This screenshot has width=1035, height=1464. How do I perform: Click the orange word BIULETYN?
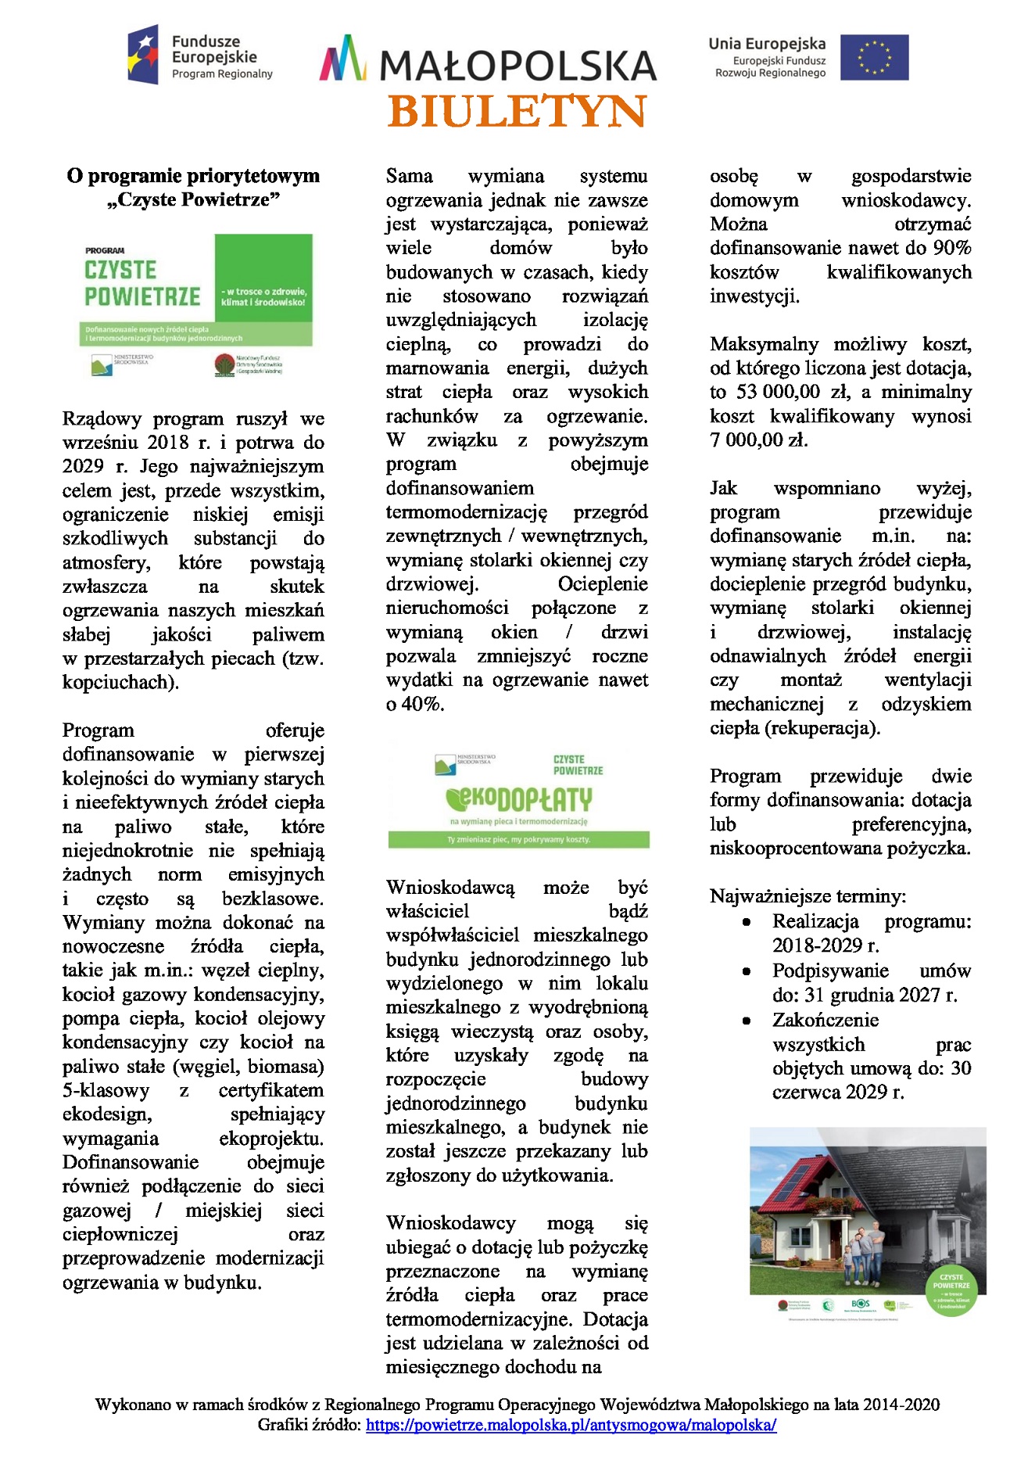pyautogui.click(x=517, y=112)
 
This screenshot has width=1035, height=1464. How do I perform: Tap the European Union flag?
pyautogui.click(x=874, y=57)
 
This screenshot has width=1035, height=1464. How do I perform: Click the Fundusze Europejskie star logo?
pyautogui.click(x=144, y=54)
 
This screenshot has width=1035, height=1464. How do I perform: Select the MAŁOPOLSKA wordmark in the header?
pyautogui.click(x=517, y=66)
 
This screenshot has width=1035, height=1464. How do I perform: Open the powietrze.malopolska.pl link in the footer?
pyautogui.click(x=571, y=1425)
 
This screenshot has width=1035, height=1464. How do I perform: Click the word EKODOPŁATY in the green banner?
pyautogui.click(x=518, y=799)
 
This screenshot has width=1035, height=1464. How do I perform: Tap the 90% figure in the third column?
pyautogui.click(x=952, y=248)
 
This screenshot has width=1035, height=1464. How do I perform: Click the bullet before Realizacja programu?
pyautogui.click(x=747, y=923)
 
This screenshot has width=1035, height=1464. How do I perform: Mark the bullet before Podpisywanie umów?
pyautogui.click(x=747, y=972)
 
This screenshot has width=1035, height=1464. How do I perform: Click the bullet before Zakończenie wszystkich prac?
pyautogui.click(x=747, y=1021)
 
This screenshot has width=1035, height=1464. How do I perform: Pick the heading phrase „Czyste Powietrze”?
pyautogui.click(x=193, y=199)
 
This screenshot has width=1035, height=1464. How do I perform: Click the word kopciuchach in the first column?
pyautogui.click(x=119, y=682)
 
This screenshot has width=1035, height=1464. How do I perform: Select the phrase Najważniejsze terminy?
pyautogui.click(x=808, y=896)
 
